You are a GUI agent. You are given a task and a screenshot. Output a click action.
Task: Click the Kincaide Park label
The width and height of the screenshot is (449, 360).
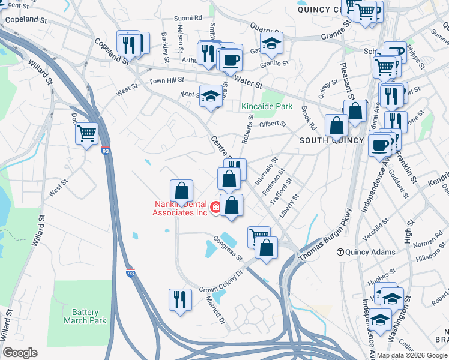pyautogui.click(x=267, y=107)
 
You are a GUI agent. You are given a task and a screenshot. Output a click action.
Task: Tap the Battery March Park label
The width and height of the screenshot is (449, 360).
pyautogui.click(x=85, y=316)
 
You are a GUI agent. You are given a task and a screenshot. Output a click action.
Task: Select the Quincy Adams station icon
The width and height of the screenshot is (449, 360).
pyautogui.click(x=340, y=252)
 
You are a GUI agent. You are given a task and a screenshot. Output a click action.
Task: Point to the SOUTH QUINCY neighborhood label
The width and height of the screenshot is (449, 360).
pyautogui.click(x=331, y=140)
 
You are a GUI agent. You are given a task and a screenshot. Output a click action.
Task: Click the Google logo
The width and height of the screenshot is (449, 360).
pyautogui.click(x=20, y=353)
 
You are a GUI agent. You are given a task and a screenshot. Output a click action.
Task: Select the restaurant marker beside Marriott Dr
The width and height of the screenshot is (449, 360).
pyautogui.click(x=180, y=298)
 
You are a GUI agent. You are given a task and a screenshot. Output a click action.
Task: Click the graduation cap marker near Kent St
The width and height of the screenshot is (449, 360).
pyautogui.click(x=211, y=97)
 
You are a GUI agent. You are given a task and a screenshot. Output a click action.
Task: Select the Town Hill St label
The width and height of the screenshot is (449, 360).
pyautogui.click(x=165, y=80)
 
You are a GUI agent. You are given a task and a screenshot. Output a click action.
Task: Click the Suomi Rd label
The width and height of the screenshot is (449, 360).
pyautogui.click(x=185, y=19)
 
